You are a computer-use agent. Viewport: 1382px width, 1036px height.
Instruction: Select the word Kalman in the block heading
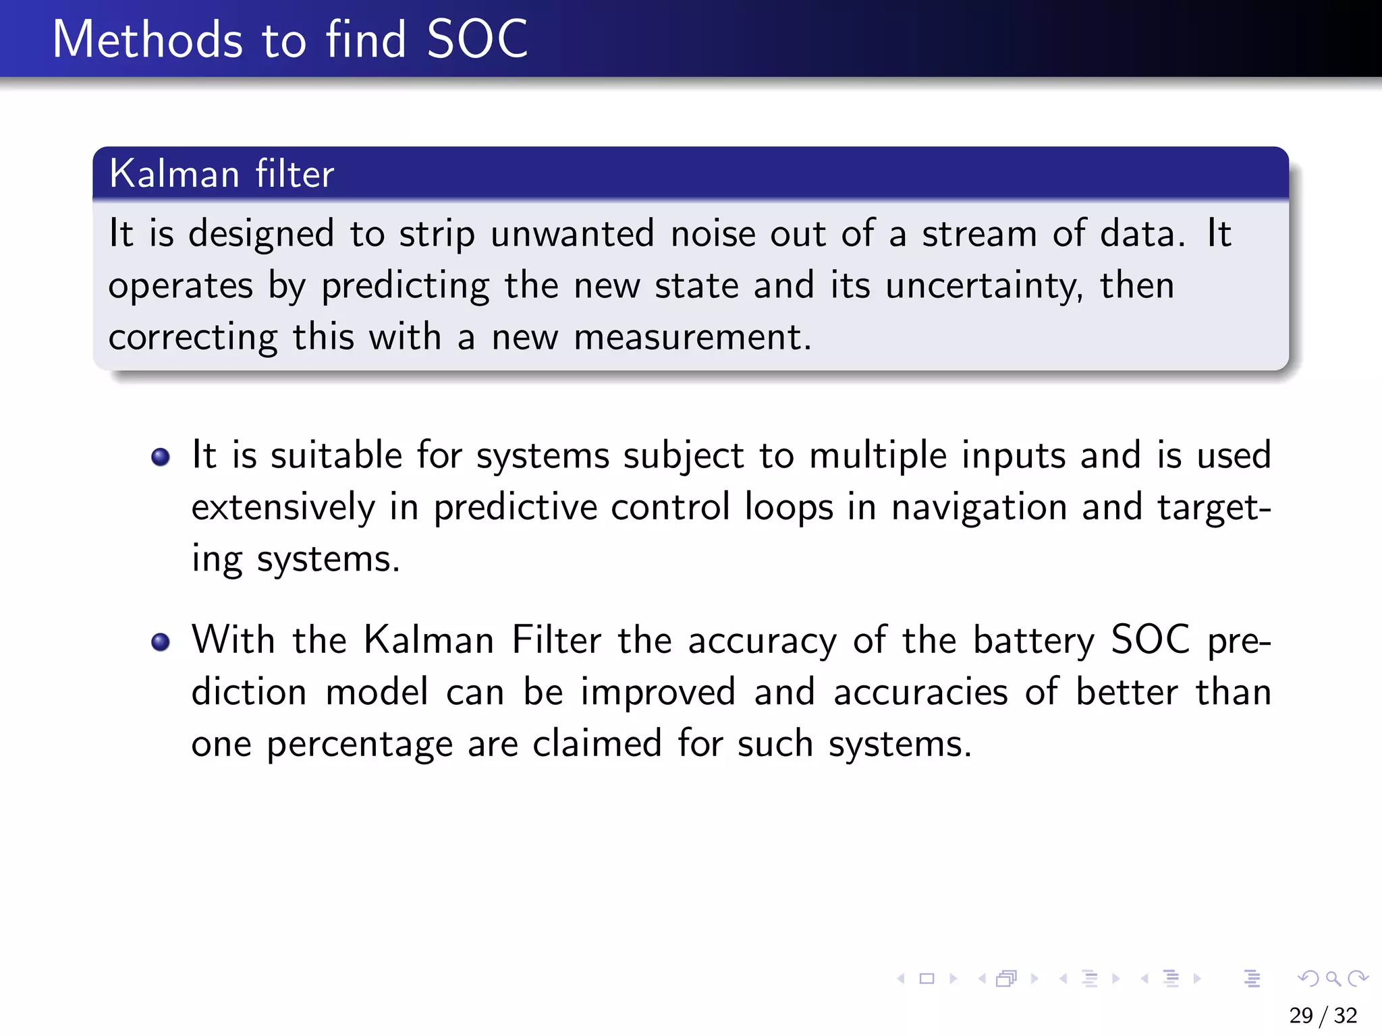click(x=174, y=174)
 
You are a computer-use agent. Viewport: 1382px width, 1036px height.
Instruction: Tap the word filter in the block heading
click(x=294, y=174)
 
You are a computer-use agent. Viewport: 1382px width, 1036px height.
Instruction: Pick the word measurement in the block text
click(x=692, y=337)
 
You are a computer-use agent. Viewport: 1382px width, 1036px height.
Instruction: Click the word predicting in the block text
click(x=405, y=286)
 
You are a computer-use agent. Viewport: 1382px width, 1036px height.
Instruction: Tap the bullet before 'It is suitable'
click(x=161, y=457)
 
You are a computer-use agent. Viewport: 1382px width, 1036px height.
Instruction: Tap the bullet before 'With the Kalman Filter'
click(x=161, y=641)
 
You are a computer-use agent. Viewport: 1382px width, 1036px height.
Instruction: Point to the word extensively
click(x=283, y=507)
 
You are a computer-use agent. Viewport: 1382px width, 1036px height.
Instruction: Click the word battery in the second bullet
click(x=1034, y=641)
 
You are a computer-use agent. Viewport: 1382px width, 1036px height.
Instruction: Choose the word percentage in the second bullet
click(x=359, y=745)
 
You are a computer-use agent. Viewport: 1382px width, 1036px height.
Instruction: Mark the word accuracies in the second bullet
click(x=920, y=693)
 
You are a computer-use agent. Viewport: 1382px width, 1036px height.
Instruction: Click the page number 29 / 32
click(x=1323, y=1015)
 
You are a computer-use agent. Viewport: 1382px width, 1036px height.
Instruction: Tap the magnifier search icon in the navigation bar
click(x=1333, y=978)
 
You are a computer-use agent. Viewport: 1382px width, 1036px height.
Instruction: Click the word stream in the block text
click(x=980, y=234)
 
